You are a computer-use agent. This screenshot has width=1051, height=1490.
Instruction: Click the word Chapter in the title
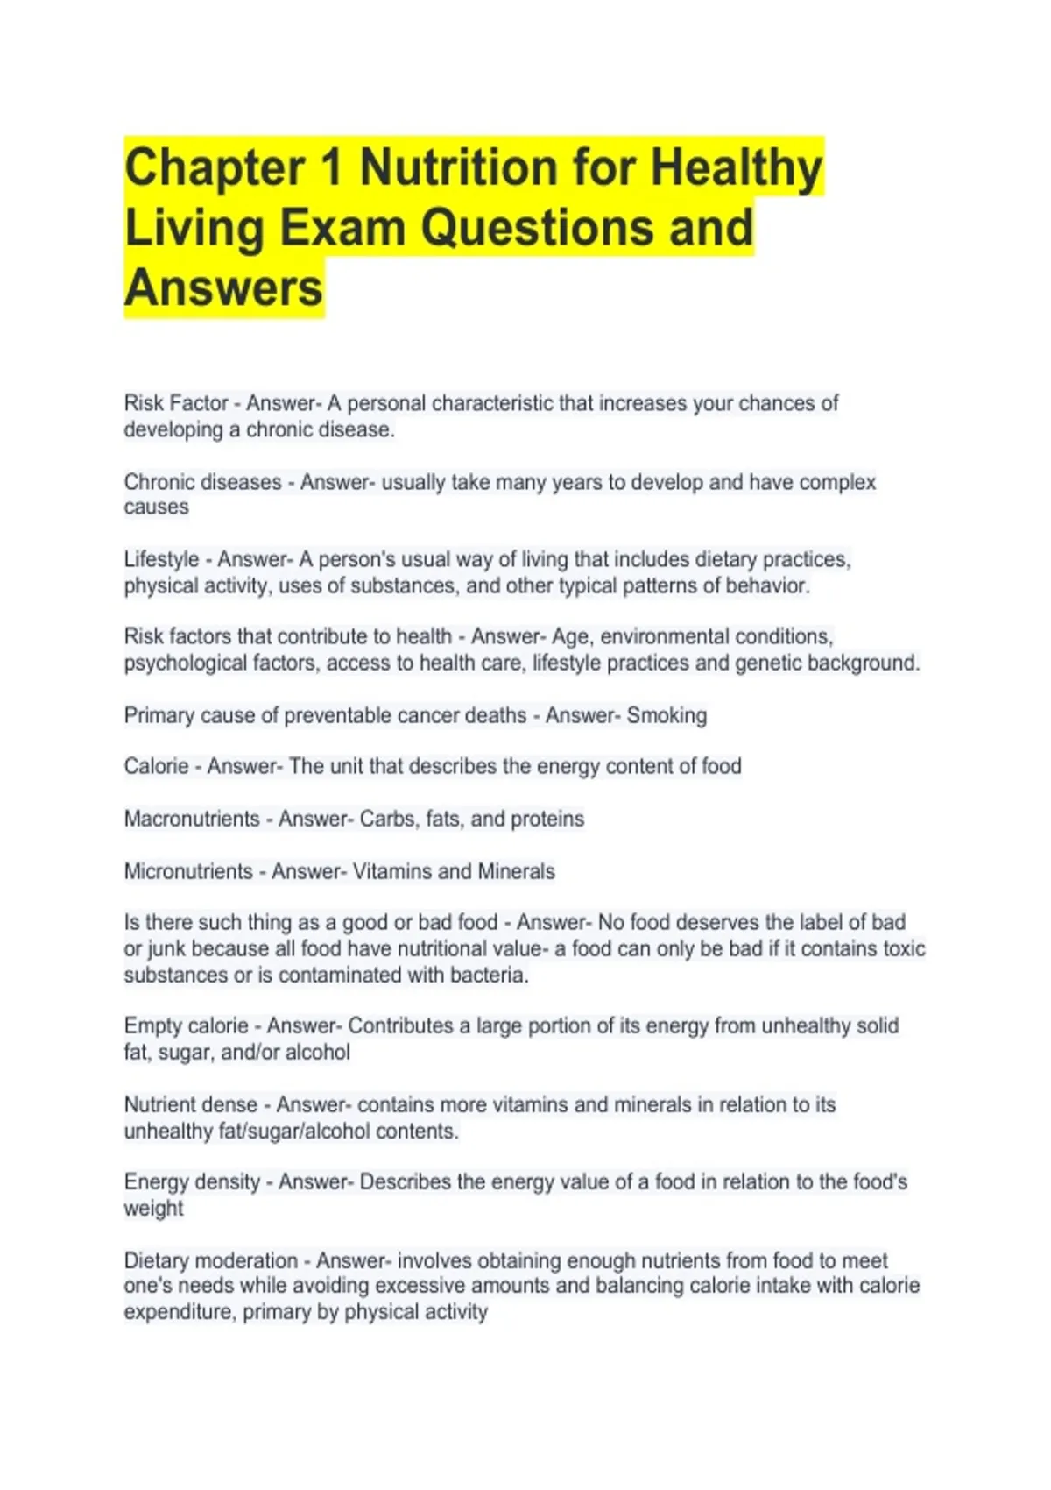pyautogui.click(x=214, y=168)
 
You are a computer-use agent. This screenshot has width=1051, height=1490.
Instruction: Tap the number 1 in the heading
pyautogui.click(x=332, y=168)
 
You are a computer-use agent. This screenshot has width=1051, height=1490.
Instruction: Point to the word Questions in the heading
pyautogui.click(x=537, y=228)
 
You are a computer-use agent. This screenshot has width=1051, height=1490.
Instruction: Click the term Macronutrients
pyautogui.click(x=192, y=819)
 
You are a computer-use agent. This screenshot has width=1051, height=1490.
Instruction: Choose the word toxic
pyautogui.click(x=903, y=948)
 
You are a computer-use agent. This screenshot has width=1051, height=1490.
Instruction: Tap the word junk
pyautogui.click(x=166, y=949)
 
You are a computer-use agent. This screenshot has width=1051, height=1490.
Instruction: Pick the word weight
pyautogui.click(x=153, y=1209)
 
